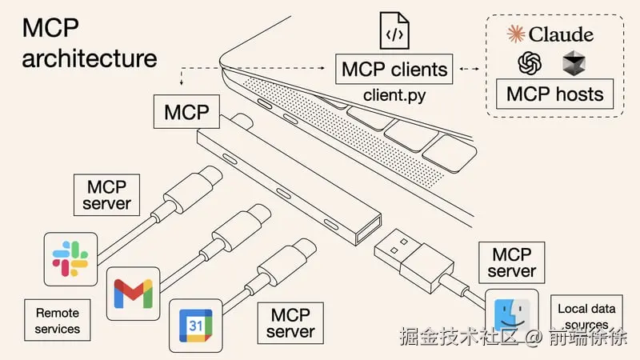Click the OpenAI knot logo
(529, 62)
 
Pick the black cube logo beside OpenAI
(574, 62)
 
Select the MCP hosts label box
(554, 94)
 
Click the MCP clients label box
(394, 69)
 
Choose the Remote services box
(58, 319)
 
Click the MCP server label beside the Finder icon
(512, 263)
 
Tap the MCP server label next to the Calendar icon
(290, 322)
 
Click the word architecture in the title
(89, 58)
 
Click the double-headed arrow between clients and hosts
(470, 69)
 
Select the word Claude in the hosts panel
(561, 34)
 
